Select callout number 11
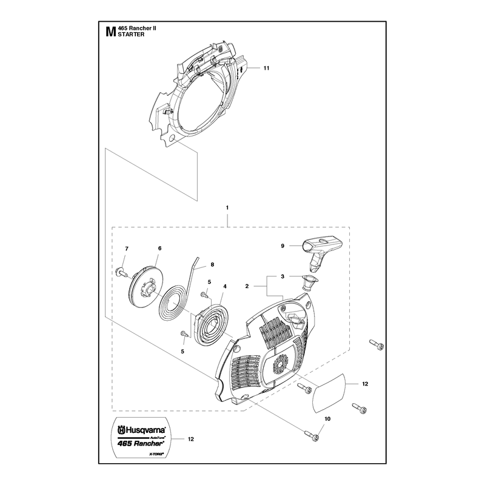(x=266, y=68)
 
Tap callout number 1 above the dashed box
(x=227, y=208)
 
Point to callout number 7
(x=127, y=249)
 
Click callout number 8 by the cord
(x=212, y=264)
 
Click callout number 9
(x=283, y=246)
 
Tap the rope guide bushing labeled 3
(x=309, y=283)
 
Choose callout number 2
(x=247, y=286)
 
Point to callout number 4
(x=225, y=287)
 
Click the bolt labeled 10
(x=312, y=435)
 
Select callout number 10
(x=327, y=419)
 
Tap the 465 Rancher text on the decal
(x=140, y=443)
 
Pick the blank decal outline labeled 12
(x=328, y=393)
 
